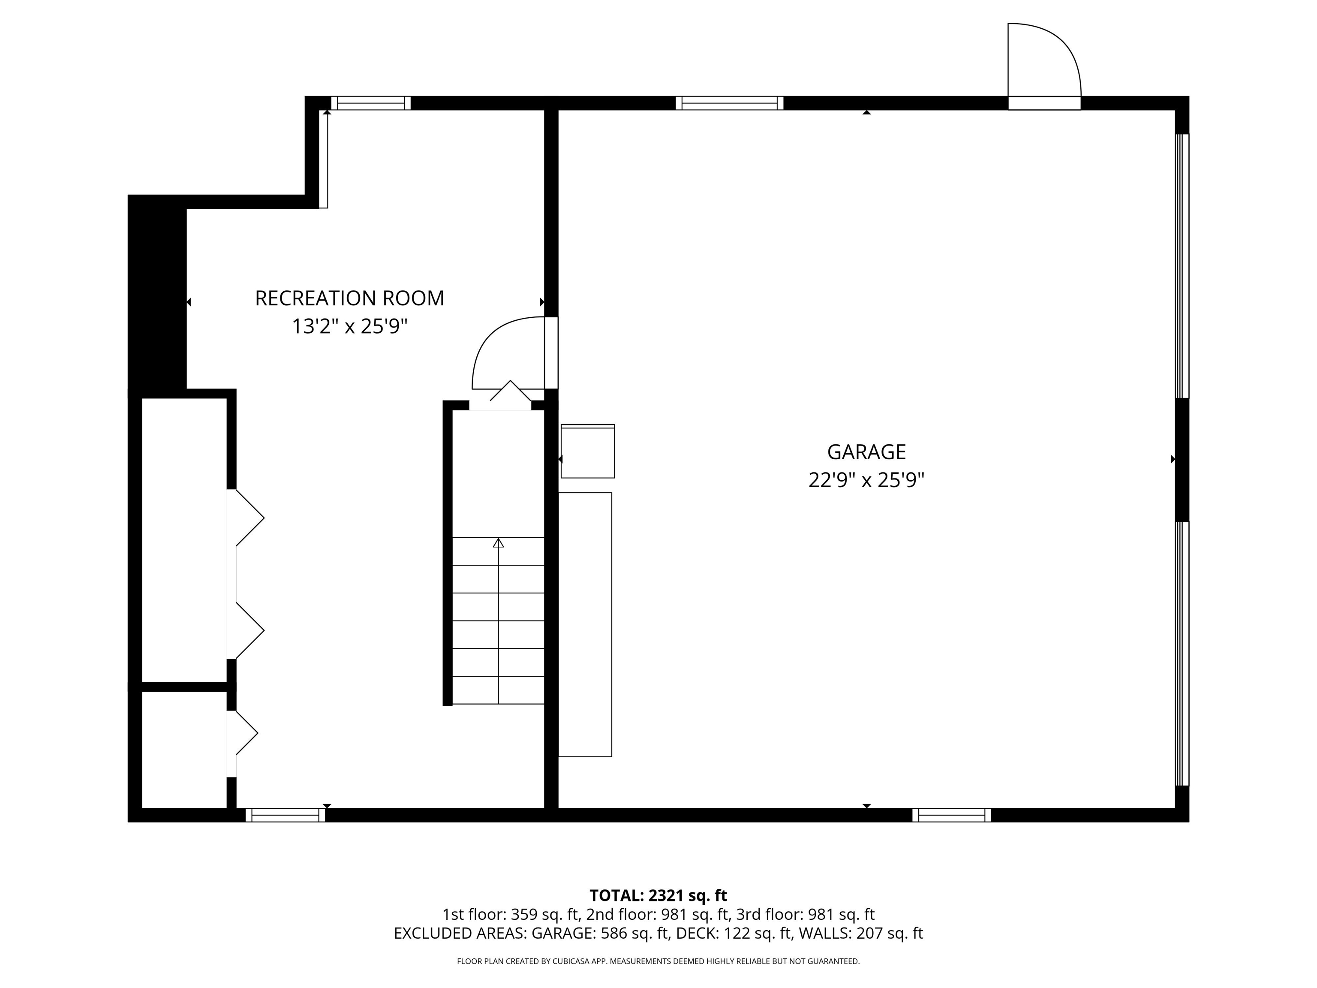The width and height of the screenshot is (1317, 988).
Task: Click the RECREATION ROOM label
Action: [x=349, y=298]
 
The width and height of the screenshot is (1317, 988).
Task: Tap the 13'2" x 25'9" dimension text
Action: [x=349, y=327]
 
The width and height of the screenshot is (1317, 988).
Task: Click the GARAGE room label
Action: [x=866, y=452]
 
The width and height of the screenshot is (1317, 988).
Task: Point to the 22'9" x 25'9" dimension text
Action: [x=866, y=480]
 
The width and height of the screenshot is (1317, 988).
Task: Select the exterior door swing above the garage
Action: [x=1043, y=63]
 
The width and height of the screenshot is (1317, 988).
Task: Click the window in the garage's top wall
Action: [x=729, y=103]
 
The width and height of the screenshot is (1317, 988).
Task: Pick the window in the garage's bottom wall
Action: [x=951, y=815]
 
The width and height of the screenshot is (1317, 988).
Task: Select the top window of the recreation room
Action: [x=371, y=103]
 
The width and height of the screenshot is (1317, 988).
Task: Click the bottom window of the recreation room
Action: [x=285, y=815]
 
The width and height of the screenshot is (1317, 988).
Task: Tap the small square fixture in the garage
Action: [x=588, y=451]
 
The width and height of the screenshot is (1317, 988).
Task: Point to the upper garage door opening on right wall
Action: [x=1182, y=265]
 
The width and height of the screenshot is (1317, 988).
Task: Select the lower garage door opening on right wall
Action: [x=1182, y=654]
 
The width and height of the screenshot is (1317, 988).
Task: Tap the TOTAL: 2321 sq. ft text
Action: [x=658, y=896]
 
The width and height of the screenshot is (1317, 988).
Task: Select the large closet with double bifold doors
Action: [x=183, y=539]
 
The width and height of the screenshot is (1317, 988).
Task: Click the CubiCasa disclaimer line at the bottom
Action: [x=658, y=961]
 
